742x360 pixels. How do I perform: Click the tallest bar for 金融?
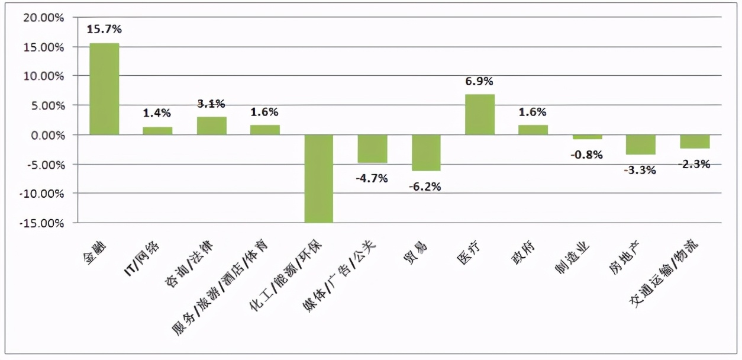coord(104,89)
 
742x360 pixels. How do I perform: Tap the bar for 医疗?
coord(479,114)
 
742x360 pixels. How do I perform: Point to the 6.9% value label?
coord(479,81)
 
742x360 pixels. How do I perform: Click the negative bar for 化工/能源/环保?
coord(318,178)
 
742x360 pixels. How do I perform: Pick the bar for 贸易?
coord(426,153)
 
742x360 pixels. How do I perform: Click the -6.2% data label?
coord(425,187)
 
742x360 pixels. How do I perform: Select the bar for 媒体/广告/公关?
coord(372,149)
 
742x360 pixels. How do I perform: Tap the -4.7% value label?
coord(372,178)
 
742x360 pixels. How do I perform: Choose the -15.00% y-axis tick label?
coord(44,223)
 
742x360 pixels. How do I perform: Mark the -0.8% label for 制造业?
coord(586,155)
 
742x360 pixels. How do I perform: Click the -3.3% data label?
coord(640,171)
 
